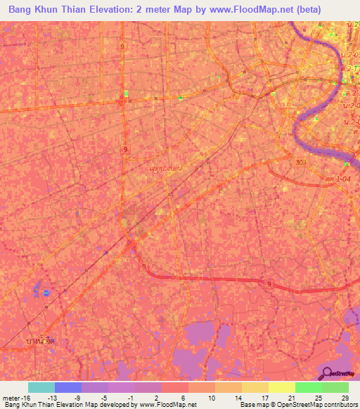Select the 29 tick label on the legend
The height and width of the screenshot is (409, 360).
[x=345, y=397]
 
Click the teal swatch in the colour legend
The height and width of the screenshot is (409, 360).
[x=41, y=387]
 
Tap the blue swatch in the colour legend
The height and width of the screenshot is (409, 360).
[x=68, y=387]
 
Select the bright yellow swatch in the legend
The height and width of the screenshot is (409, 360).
[x=281, y=387]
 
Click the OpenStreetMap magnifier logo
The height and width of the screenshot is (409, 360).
[x=327, y=372]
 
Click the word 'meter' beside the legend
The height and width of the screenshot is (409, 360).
[x=10, y=397]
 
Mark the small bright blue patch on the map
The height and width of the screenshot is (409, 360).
[x=47, y=292]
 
